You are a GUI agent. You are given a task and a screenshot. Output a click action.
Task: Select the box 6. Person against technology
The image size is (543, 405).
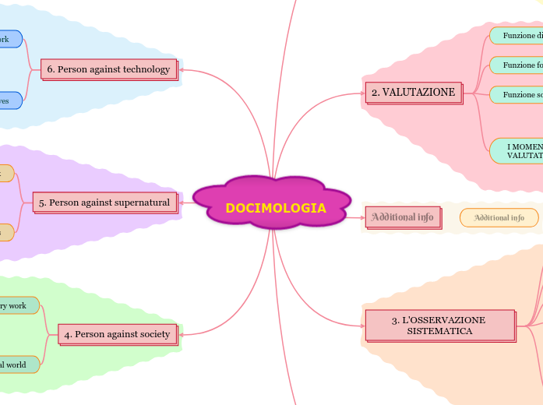click(x=109, y=69)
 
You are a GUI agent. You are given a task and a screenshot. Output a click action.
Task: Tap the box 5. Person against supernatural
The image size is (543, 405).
click(x=104, y=202)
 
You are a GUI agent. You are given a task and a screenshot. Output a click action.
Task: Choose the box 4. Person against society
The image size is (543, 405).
click(x=117, y=334)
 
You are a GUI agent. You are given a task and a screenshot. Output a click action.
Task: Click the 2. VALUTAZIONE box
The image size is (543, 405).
click(x=413, y=93)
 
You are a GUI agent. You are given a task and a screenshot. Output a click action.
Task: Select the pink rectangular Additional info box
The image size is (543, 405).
click(x=403, y=217)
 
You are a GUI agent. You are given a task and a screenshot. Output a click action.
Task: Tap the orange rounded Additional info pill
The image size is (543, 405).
click(x=499, y=217)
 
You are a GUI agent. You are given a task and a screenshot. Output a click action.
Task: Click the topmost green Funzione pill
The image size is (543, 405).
click(x=517, y=35)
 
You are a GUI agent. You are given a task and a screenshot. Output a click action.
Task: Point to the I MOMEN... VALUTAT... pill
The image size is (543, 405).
click(x=517, y=150)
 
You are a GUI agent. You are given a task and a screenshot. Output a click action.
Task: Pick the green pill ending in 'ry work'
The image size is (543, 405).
click(x=17, y=306)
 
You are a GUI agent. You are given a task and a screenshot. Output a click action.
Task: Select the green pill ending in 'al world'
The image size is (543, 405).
click(x=17, y=364)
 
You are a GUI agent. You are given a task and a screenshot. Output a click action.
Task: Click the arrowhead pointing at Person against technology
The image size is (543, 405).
click(x=182, y=69)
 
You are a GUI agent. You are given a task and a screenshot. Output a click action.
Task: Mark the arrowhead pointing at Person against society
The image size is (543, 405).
click(x=182, y=334)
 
